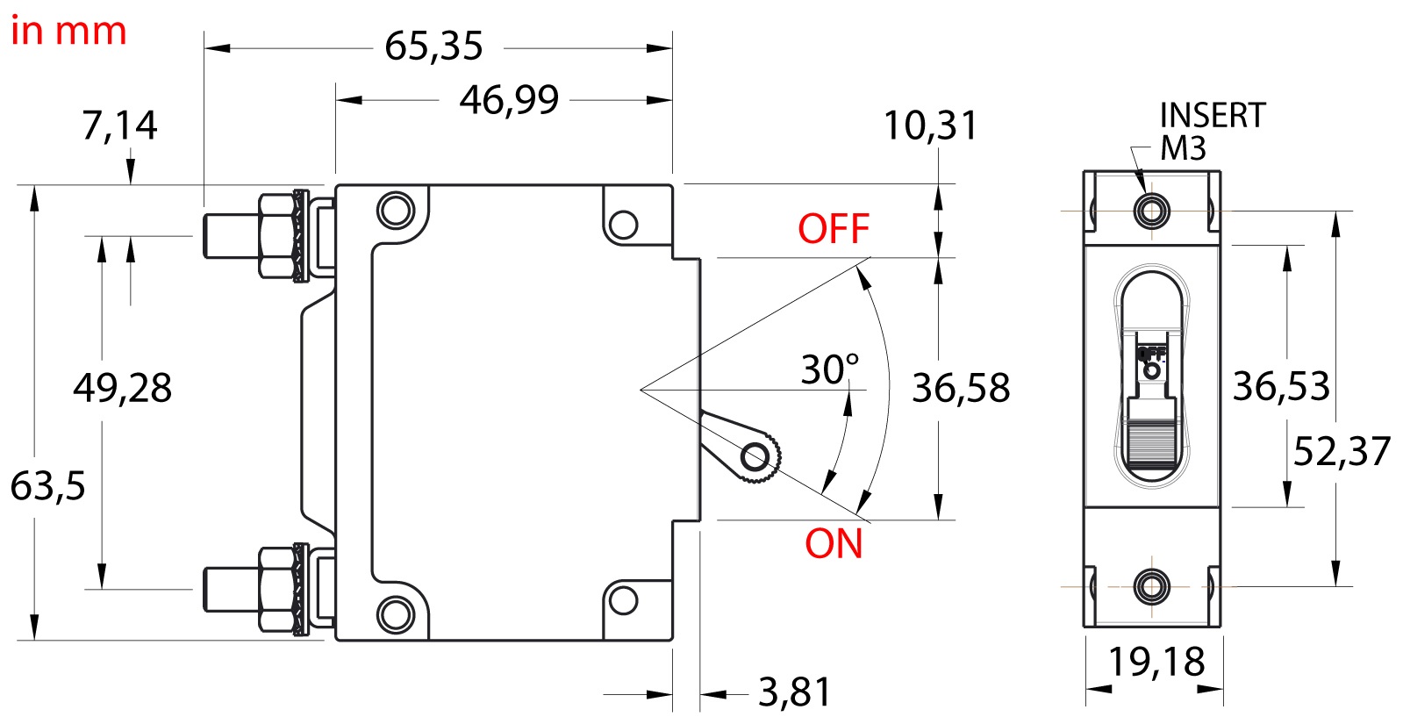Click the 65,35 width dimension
click(x=433, y=47)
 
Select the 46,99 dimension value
click(x=509, y=100)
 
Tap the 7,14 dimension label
click(x=119, y=125)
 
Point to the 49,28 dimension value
click(x=123, y=387)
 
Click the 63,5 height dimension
click(x=47, y=486)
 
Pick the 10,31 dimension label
click(x=931, y=125)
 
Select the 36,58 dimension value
click(x=962, y=387)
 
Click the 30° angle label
click(x=831, y=369)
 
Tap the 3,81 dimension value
click(x=795, y=692)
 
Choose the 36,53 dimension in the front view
click(x=1282, y=386)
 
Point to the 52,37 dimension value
click(x=1342, y=451)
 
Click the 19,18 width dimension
click(x=1156, y=662)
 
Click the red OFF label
click(x=834, y=228)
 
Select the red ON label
click(x=834, y=543)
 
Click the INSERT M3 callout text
click(x=1213, y=132)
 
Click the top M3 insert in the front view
click(x=1151, y=211)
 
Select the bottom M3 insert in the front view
click(x=1151, y=587)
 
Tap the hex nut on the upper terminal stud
click(x=277, y=235)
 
